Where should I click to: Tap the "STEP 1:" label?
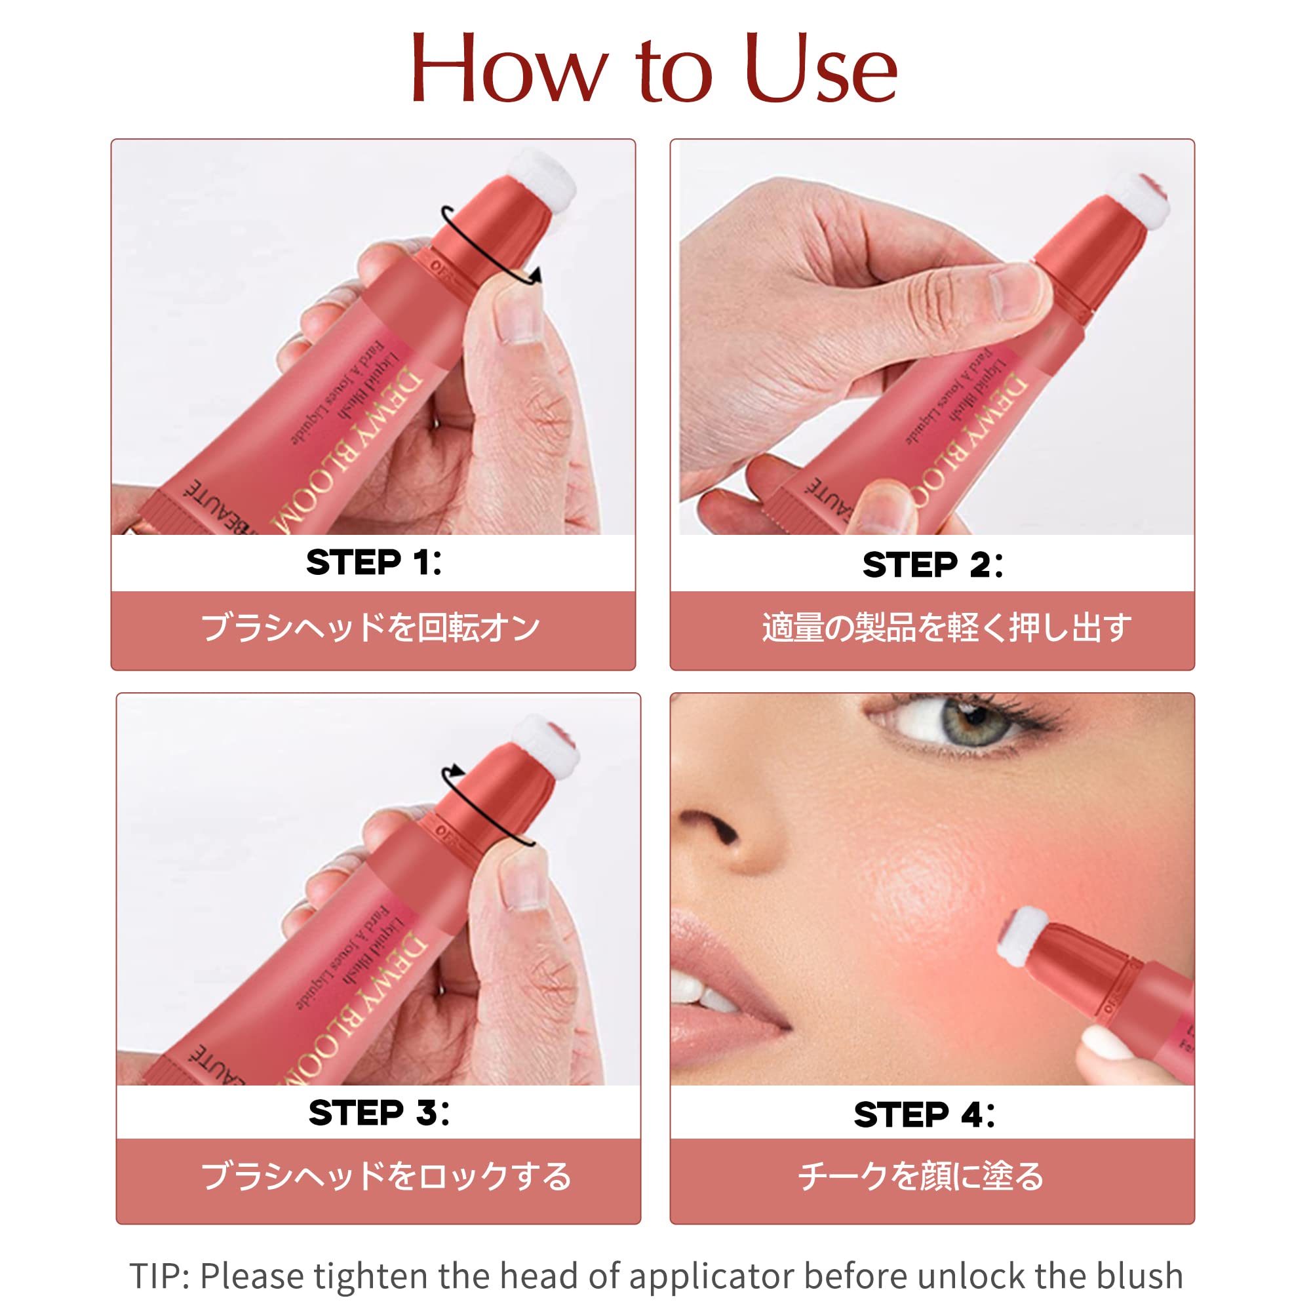click(373, 562)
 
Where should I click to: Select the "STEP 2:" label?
click(932, 565)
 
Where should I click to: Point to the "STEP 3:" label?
click(379, 1113)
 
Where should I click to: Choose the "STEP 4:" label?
click(924, 1115)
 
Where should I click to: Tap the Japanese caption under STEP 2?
click(947, 627)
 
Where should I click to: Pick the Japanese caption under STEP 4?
click(921, 1177)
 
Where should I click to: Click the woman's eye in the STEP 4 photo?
click(971, 724)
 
